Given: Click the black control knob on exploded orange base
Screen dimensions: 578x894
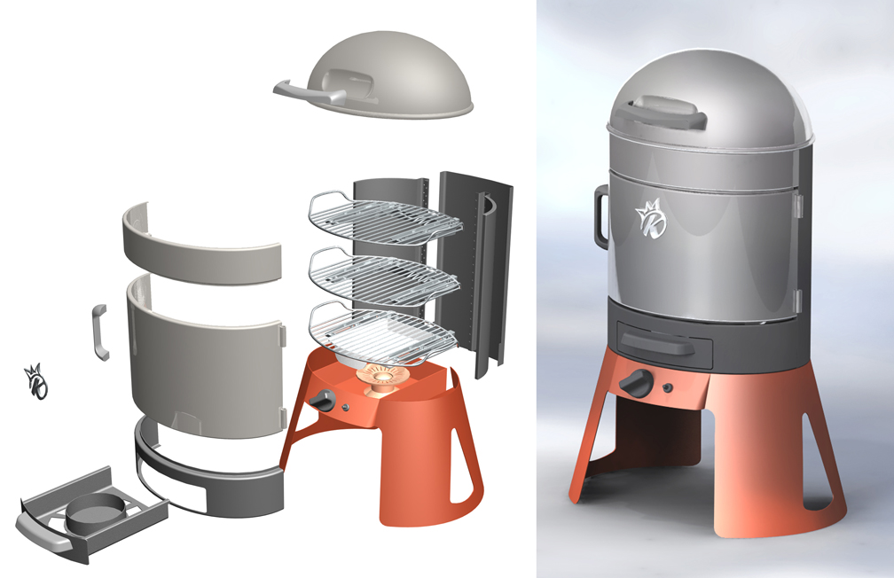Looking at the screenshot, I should coord(321,401).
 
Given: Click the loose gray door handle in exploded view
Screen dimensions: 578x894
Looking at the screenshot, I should coord(99,332).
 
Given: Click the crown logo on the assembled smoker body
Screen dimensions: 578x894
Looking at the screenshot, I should coord(650,217).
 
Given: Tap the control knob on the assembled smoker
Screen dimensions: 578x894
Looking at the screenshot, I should coord(636,384).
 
